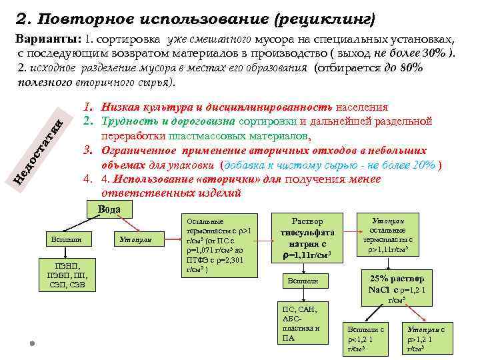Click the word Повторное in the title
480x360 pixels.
coord(73,15)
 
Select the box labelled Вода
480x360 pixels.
coord(109,209)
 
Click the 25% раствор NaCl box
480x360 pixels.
coord(397,285)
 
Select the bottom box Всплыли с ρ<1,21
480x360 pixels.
coord(363,339)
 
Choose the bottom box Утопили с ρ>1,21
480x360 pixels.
coord(426,339)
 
